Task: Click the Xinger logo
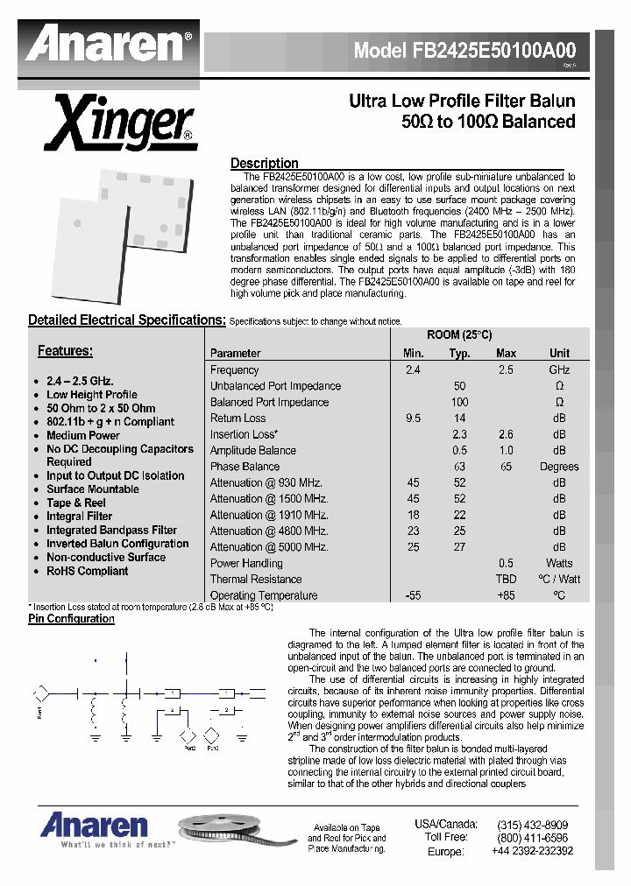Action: tap(121, 123)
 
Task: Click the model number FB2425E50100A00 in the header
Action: tap(464, 51)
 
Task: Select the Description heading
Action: tap(264, 164)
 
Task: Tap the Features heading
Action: tap(65, 351)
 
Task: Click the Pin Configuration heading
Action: tap(71, 619)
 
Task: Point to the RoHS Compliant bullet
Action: tap(87, 571)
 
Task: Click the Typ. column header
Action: tap(459, 354)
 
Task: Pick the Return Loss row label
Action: tap(238, 418)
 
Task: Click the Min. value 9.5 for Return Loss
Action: tap(413, 418)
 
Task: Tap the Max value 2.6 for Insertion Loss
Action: tap(506, 434)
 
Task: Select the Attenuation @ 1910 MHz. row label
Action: tap(269, 515)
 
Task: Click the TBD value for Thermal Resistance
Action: tap(506, 580)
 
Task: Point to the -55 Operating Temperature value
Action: tap(413, 595)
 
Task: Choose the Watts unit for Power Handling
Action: tap(558, 563)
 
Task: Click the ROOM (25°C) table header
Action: tap(458, 335)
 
